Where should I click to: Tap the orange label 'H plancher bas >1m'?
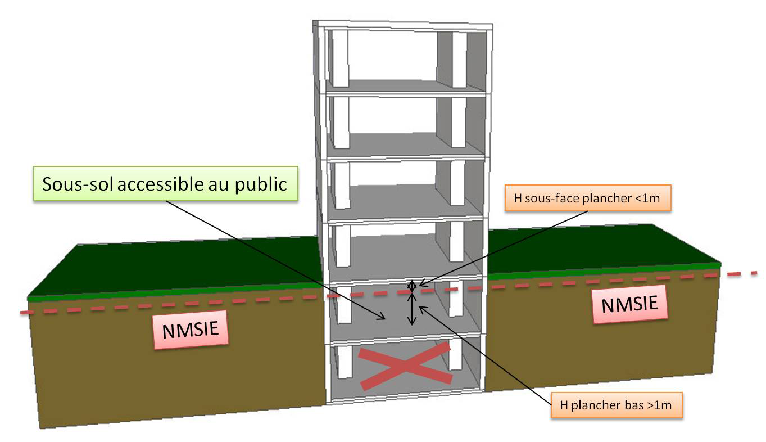pyautogui.click(x=617, y=404)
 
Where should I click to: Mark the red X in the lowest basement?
pyautogui.click(x=406, y=366)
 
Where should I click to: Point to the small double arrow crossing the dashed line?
pyautogui.click(x=412, y=286)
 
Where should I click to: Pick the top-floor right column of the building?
pyautogui.click(x=459, y=59)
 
